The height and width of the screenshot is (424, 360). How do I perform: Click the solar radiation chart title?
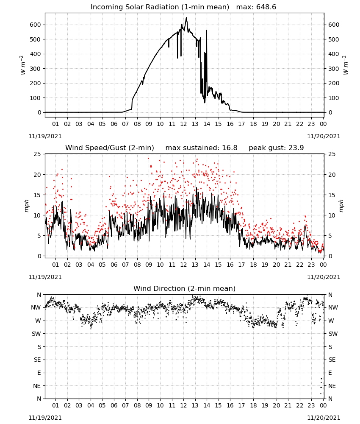pos(160,7)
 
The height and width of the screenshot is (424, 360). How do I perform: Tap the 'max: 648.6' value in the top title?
pos(256,7)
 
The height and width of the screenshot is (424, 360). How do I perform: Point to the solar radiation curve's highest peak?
pos(186,18)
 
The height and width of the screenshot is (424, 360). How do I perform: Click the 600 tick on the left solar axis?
pos(36,25)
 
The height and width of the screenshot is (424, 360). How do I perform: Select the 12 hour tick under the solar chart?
pos(183,124)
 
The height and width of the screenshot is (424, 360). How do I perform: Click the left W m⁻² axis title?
pos(23,65)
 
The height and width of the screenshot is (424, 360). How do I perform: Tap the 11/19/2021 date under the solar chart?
pos(45,136)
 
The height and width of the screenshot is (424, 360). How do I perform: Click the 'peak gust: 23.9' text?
pos(276,148)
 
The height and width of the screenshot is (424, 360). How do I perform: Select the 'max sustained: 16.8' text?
pos(201,148)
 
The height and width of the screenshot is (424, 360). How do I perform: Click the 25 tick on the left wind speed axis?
pos(37,154)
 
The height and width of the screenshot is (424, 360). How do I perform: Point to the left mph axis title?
pos(26,206)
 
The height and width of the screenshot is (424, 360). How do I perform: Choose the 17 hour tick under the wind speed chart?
pos(241,265)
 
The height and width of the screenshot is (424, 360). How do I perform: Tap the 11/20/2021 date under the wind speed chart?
pos(324,277)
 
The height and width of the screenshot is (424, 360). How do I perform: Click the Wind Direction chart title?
pos(185,288)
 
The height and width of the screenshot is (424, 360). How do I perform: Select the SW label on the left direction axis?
pos(36,334)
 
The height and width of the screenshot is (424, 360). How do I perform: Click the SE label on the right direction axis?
pos(332,360)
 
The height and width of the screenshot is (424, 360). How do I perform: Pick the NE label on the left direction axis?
pos(37,386)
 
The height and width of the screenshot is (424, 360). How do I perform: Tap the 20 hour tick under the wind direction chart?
pos(276,405)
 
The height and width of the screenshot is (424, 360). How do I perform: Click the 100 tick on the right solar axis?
pos(334,98)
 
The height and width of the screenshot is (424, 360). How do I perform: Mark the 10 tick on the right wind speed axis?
pos(332,215)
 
